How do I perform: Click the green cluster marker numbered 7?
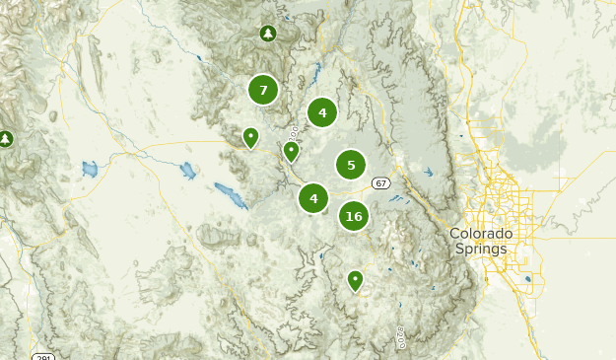pos(263,91)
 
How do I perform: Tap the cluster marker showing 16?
pos(354,216)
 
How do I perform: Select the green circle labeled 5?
pos(351,165)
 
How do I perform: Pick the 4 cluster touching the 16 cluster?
pos(313,198)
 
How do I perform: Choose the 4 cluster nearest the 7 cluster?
pos(322,112)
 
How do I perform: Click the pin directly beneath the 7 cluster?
pos(251,137)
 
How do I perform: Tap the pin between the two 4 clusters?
pos(291,151)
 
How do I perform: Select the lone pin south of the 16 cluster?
pos(355,281)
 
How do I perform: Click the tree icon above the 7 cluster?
pos(268,35)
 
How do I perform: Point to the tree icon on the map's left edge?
pos(6,139)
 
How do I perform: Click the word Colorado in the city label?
pos(481,234)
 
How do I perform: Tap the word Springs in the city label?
pos(481,249)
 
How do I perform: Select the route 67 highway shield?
pos(380,183)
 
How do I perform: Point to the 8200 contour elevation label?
pos(402,338)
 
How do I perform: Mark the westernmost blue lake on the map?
pos(90,169)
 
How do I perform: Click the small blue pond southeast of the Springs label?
pos(527,279)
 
